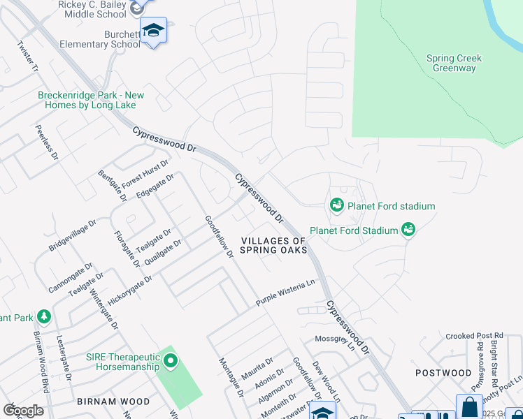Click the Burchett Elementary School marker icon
click(x=153, y=31)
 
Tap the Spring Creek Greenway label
click(x=454, y=64)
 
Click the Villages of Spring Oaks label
click(x=274, y=245)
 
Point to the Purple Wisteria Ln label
click(x=286, y=293)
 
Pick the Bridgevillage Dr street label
click(x=72, y=235)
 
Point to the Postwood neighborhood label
click(x=443, y=373)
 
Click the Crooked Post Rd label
click(x=474, y=336)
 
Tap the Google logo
click(x=23, y=411)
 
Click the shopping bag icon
click(x=469, y=406)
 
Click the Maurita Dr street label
click(x=257, y=366)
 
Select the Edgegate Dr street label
click(x=155, y=186)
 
